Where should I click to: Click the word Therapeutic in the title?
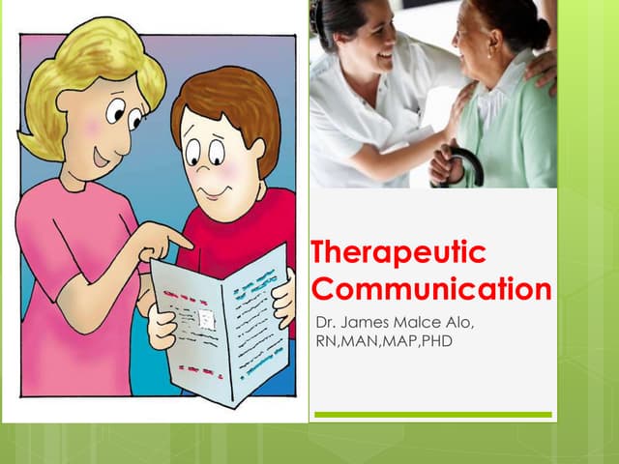[x=398, y=254]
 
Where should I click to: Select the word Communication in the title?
[x=432, y=288]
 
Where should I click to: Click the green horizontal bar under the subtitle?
[x=432, y=415]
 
